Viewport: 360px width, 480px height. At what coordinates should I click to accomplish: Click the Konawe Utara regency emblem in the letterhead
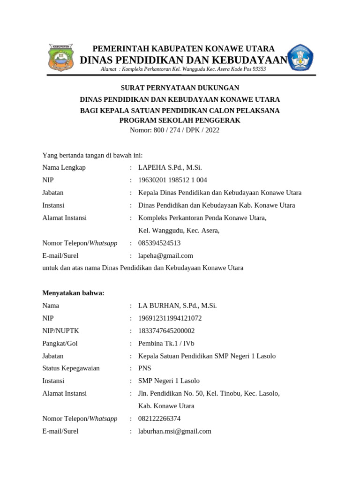tap(61, 58)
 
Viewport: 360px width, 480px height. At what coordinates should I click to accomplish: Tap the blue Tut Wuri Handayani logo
tap(300, 58)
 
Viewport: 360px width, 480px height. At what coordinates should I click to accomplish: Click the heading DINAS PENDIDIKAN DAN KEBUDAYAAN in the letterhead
tap(184, 60)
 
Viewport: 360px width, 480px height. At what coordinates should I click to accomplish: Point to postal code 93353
tap(259, 69)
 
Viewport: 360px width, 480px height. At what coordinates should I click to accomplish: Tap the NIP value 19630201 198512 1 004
tap(172, 180)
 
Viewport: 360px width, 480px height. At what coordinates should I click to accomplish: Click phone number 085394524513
tap(159, 243)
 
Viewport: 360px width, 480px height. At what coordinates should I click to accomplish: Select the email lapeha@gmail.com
tap(165, 255)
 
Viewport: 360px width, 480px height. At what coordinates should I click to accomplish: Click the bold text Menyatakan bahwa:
tap(73, 293)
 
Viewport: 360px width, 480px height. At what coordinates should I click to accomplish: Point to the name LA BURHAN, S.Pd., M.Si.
tap(177, 306)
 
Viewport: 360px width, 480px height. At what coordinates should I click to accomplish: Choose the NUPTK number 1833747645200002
tap(166, 330)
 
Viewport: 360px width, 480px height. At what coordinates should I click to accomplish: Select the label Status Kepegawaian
tap(71, 368)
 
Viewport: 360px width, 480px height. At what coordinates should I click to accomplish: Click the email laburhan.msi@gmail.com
tap(174, 431)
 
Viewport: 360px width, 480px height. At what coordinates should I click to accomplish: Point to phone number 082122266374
tap(159, 418)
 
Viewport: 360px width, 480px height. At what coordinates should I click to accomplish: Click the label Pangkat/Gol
tap(60, 343)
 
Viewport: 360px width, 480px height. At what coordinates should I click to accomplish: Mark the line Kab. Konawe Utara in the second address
tap(166, 406)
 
